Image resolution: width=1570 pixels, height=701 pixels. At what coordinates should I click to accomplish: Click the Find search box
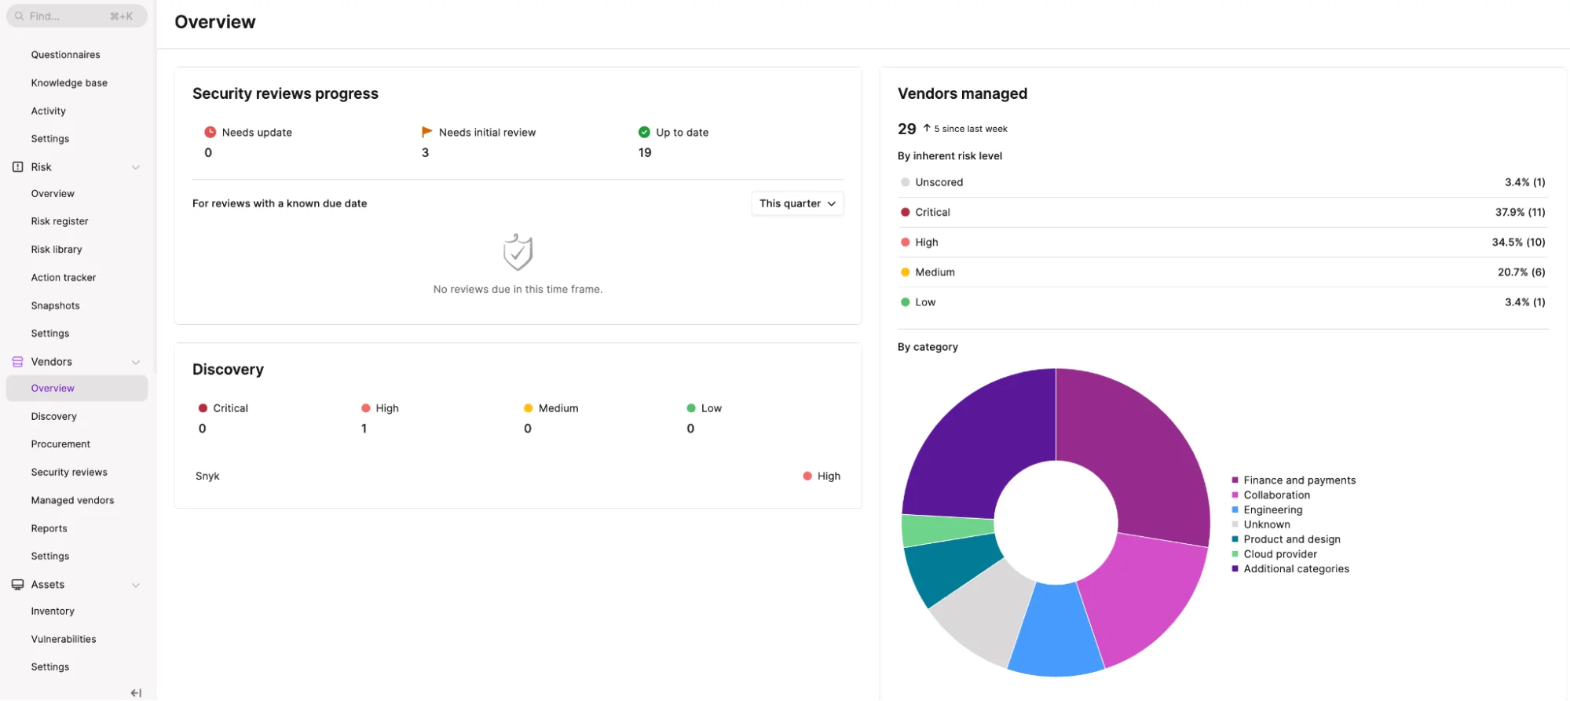76,16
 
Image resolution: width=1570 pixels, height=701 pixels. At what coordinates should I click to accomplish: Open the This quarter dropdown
797,203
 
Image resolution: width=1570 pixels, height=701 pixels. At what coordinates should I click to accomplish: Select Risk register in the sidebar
60,221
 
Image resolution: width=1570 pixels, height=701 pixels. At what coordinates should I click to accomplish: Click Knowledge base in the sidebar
69,83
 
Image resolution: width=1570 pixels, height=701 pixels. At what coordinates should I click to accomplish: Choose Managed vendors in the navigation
72,501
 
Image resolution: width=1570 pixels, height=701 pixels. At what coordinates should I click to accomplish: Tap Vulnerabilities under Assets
64,640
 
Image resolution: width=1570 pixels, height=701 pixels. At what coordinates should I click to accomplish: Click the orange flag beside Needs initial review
426,132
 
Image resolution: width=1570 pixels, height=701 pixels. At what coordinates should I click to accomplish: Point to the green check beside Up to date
644,132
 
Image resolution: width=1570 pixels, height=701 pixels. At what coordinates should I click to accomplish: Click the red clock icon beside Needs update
210,132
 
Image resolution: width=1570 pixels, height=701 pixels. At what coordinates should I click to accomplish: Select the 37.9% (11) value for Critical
1520,213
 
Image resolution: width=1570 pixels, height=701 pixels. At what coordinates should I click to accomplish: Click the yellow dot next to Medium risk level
905,272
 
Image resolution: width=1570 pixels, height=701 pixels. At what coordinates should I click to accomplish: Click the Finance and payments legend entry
1294,480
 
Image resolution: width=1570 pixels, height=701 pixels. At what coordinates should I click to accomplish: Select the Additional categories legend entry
1290,569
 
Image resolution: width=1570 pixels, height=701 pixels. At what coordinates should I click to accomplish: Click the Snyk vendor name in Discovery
207,476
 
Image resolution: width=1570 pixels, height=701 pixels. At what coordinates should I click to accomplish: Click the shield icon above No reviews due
518,252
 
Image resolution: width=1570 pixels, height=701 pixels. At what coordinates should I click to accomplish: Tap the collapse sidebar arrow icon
136,693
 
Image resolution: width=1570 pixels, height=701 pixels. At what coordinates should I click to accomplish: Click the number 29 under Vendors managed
906,129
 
